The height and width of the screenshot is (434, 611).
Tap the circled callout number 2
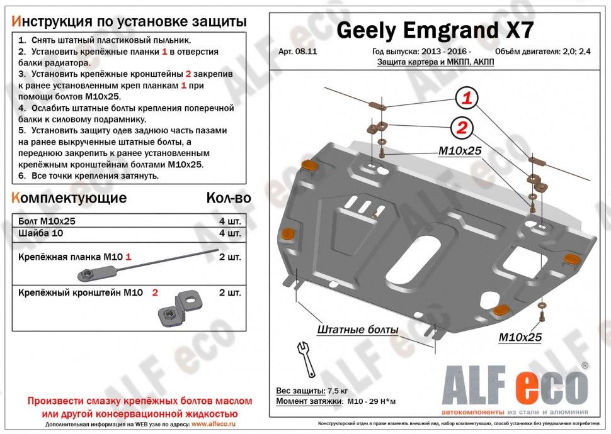click(461, 128)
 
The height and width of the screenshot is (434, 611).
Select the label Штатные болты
click(357, 330)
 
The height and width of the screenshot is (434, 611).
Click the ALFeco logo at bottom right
click(516, 386)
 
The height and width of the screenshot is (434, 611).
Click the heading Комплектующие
click(69, 198)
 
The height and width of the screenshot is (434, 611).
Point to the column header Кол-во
click(228, 198)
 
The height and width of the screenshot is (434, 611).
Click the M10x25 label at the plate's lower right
click(520, 337)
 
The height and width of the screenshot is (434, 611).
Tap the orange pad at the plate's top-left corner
click(311, 165)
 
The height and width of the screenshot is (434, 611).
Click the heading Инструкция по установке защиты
click(129, 21)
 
